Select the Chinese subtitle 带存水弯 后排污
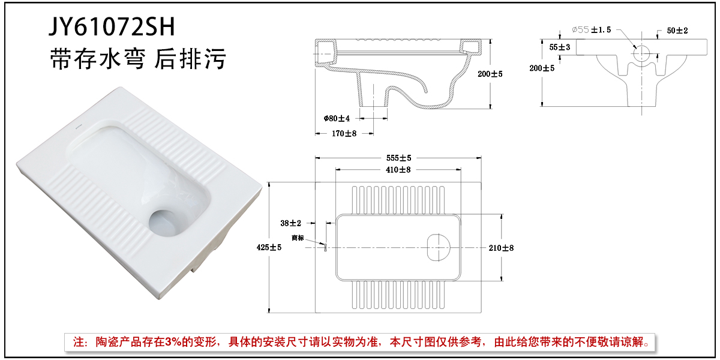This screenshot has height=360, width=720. click(137, 60)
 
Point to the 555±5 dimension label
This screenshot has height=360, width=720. click(398, 158)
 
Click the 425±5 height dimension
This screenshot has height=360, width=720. click(268, 247)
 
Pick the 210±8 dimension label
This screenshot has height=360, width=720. click(501, 247)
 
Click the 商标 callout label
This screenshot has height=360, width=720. click(298, 238)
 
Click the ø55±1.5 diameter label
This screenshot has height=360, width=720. click(591, 29)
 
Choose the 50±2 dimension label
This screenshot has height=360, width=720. click(676, 31)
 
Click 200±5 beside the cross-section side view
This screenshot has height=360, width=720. click(490, 74)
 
